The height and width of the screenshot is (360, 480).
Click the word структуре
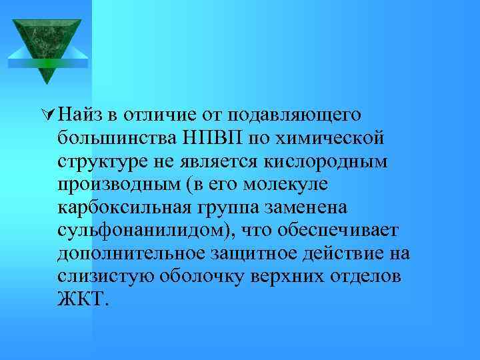105,161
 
